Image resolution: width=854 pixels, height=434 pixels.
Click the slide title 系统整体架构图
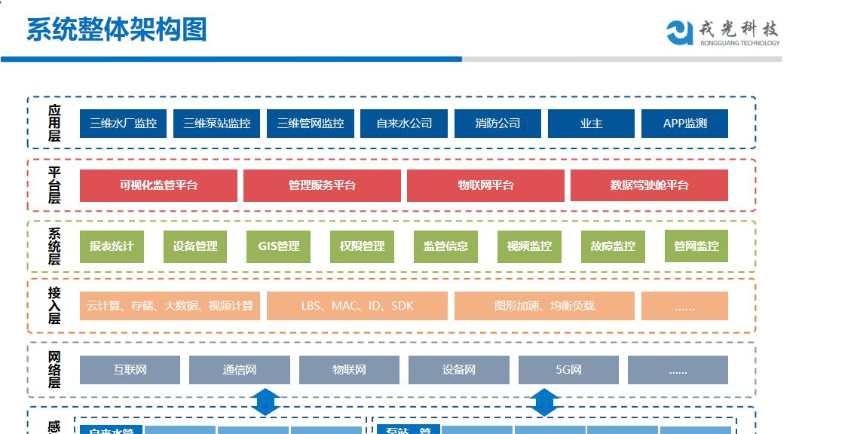pyautogui.click(x=117, y=29)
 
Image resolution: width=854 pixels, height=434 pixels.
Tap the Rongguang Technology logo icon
pyautogui.click(x=679, y=32)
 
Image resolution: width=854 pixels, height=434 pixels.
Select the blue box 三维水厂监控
pyautogui.click(x=123, y=124)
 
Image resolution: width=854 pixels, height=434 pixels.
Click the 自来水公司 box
pyautogui.click(x=404, y=124)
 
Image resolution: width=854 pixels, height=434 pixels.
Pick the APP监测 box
pyautogui.click(x=684, y=124)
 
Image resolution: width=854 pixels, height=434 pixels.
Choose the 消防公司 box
pyautogui.click(x=497, y=124)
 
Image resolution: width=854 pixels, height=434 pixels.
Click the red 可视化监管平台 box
pyautogui.click(x=158, y=185)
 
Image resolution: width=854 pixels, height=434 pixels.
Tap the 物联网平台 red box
pyautogui.click(x=485, y=185)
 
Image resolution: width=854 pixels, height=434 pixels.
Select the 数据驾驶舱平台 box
pyautogui.click(x=649, y=185)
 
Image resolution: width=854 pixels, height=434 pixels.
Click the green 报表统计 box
pyautogui.click(x=112, y=246)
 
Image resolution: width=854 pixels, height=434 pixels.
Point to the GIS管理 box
pyautogui.click(x=279, y=246)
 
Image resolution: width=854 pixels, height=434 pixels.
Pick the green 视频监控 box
pyautogui.click(x=529, y=246)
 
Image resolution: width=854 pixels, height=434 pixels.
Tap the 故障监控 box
pyautogui.click(x=613, y=246)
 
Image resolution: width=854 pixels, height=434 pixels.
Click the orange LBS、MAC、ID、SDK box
pyautogui.click(x=357, y=306)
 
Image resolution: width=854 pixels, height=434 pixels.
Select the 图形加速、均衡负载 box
pyautogui.click(x=544, y=306)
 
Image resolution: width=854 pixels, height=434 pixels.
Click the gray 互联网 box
pyautogui.click(x=130, y=370)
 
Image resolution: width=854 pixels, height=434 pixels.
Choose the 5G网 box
pyautogui.click(x=568, y=370)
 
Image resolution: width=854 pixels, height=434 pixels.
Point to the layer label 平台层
pyautogui.click(x=54, y=185)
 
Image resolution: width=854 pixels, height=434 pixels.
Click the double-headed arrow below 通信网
pyautogui.click(x=265, y=401)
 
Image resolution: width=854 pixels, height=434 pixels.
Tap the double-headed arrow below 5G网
pyautogui.click(x=543, y=401)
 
